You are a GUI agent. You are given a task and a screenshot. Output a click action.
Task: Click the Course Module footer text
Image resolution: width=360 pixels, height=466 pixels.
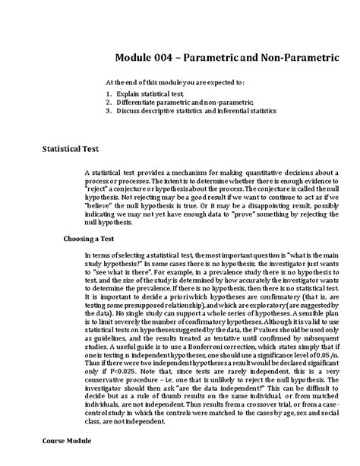click(x=67, y=440)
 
